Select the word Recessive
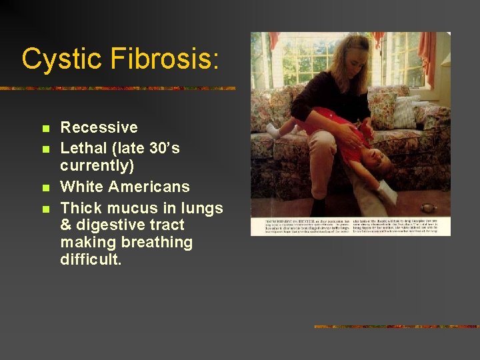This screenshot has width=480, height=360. [99, 127]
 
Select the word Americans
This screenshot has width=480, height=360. [149, 187]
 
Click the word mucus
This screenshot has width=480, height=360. [130, 208]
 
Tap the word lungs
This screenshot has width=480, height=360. [199, 208]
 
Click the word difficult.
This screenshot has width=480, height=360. [91, 259]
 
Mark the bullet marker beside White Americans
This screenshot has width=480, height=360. [45, 188]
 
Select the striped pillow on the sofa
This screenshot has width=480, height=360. [405, 112]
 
